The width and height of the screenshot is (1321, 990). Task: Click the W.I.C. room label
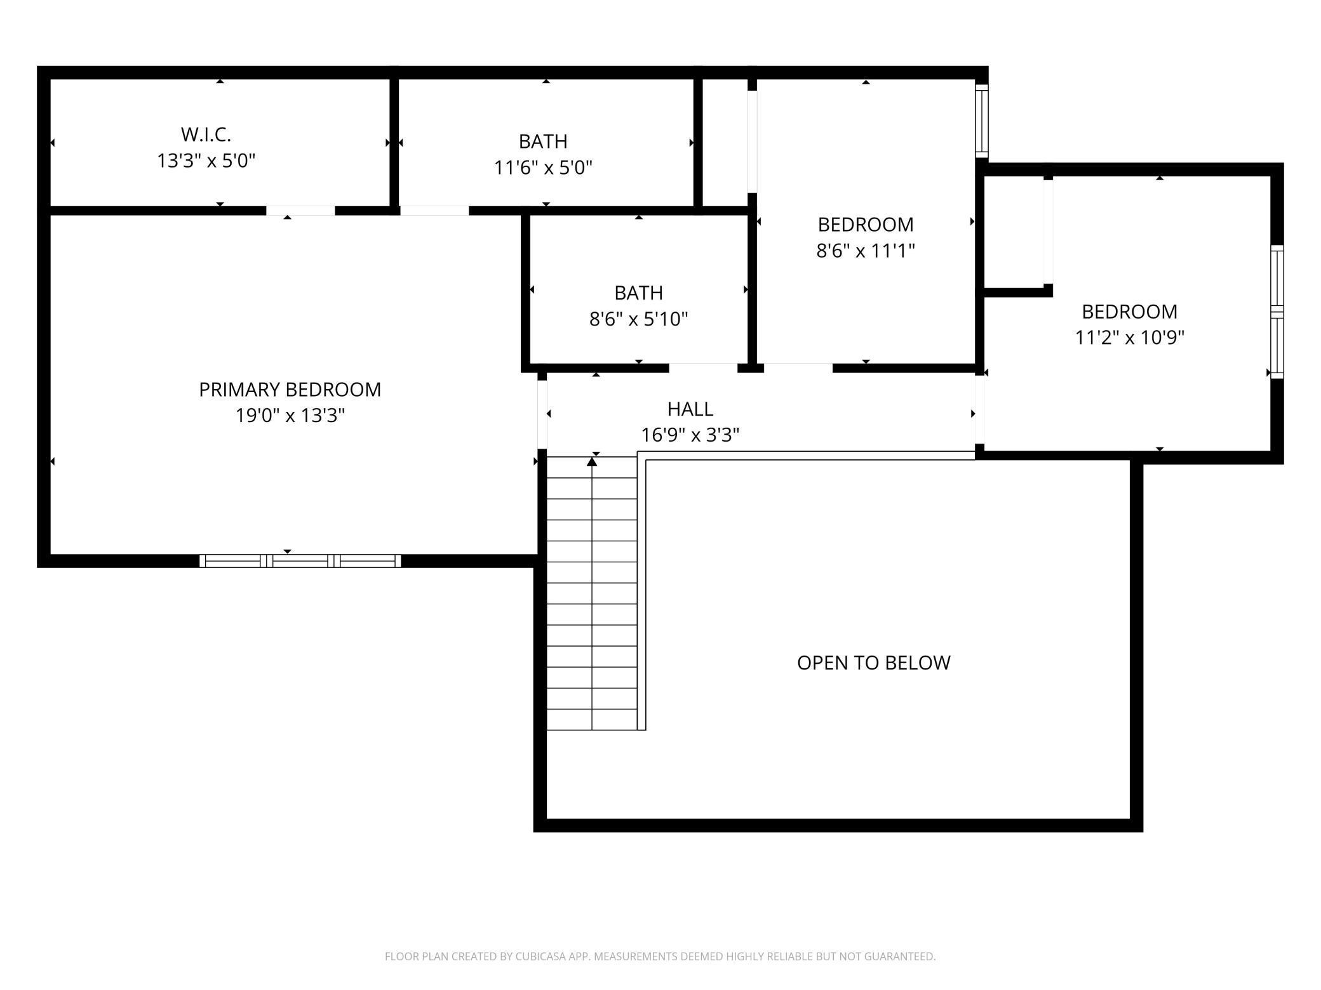tap(206, 135)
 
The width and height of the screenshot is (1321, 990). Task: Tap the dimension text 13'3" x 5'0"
tap(206, 161)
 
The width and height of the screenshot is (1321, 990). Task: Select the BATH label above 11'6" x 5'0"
tap(543, 141)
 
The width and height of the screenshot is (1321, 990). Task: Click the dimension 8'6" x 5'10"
tap(638, 319)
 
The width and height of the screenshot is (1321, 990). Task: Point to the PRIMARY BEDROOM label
tap(290, 389)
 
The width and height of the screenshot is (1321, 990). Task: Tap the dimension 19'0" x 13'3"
tap(290, 416)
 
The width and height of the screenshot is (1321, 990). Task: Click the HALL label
tap(690, 409)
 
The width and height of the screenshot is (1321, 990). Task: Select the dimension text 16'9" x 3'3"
tap(690, 435)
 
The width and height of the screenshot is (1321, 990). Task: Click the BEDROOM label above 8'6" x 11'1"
tap(865, 225)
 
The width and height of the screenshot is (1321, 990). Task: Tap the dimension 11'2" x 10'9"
tap(1129, 338)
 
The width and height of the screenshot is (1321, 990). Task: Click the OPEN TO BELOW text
tap(873, 663)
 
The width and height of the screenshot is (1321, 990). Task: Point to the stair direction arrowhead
tap(592, 462)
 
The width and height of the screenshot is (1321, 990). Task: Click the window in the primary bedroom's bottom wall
tap(300, 560)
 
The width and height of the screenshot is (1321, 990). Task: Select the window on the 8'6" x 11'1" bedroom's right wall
tap(981, 121)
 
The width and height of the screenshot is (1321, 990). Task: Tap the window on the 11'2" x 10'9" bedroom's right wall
tap(1277, 312)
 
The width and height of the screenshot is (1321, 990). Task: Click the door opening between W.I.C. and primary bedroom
tap(300, 211)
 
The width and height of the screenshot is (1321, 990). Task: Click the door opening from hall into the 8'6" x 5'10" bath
tap(702, 368)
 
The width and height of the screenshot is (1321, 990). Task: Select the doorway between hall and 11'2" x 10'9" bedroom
tap(979, 409)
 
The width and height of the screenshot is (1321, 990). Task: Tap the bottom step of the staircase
tap(592, 720)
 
